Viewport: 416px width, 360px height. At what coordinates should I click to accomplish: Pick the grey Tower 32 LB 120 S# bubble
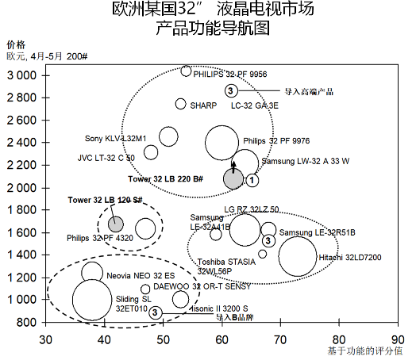[x=116, y=224]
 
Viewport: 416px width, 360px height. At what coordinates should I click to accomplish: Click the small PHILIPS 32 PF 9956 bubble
[x=186, y=71]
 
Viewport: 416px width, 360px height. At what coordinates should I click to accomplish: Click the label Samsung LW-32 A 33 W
[x=305, y=161]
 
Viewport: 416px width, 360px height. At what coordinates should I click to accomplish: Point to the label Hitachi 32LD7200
[x=349, y=258]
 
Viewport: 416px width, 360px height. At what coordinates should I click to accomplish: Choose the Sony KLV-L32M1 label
[x=116, y=138]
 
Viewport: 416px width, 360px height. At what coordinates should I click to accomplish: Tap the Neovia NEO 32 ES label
[x=140, y=276]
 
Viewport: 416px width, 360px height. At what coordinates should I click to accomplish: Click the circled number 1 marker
[x=252, y=180]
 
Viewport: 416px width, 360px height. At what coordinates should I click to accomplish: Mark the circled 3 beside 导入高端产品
[x=230, y=90]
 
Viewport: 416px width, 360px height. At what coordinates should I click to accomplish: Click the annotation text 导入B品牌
[x=235, y=317]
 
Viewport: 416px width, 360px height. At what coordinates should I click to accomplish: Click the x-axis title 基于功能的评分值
[x=365, y=350]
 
